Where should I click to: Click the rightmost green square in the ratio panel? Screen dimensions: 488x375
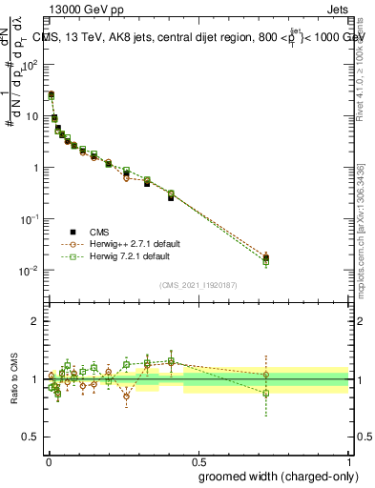click(x=266, y=393)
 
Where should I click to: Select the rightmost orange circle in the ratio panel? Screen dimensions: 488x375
click(x=266, y=375)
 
